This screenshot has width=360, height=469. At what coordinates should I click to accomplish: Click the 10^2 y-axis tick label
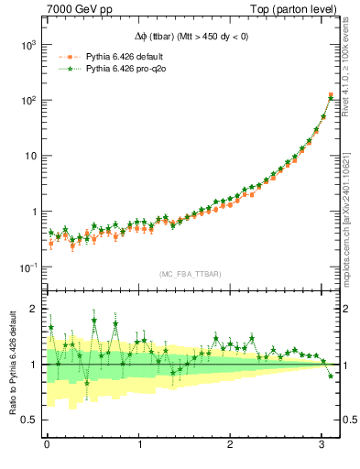point(27,100)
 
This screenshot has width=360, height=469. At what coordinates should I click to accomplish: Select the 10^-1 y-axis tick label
point(27,267)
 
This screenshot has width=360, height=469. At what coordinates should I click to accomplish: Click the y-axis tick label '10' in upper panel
point(29,156)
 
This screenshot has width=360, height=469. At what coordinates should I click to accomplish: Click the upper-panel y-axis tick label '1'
point(33,212)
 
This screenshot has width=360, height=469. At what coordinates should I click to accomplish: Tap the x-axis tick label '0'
point(47,444)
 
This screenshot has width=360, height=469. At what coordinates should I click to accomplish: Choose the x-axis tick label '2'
point(231,444)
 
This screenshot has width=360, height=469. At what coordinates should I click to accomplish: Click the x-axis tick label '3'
point(323,444)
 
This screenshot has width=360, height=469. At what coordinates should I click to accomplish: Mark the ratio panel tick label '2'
point(35,309)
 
